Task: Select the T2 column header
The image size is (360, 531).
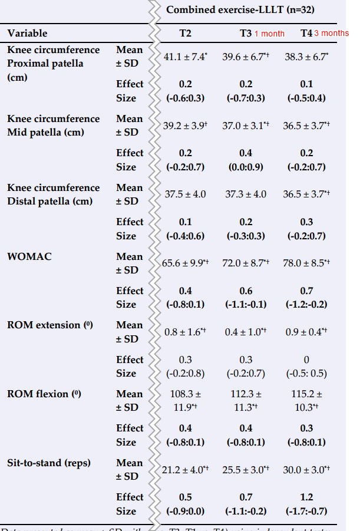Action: (184, 33)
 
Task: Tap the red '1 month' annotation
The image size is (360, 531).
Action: (269, 34)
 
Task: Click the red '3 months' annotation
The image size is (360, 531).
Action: (331, 33)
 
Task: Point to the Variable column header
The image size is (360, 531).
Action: (27, 33)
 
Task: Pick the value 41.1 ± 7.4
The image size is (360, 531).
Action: (185, 57)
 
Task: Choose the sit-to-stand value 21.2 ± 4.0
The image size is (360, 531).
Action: (185, 470)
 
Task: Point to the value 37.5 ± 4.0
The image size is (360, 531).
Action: (184, 194)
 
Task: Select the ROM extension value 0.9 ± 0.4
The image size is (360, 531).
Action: (306, 332)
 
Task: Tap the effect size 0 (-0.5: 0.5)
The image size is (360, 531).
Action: (306, 366)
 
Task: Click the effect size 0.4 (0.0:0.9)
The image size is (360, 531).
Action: (246, 160)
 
